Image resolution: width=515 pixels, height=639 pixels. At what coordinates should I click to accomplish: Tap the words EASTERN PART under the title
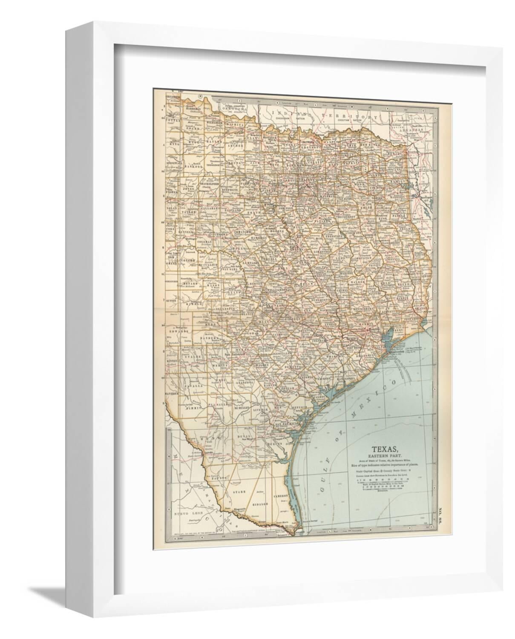[386, 455]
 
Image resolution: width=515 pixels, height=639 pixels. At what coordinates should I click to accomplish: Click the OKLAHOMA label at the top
[234, 109]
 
